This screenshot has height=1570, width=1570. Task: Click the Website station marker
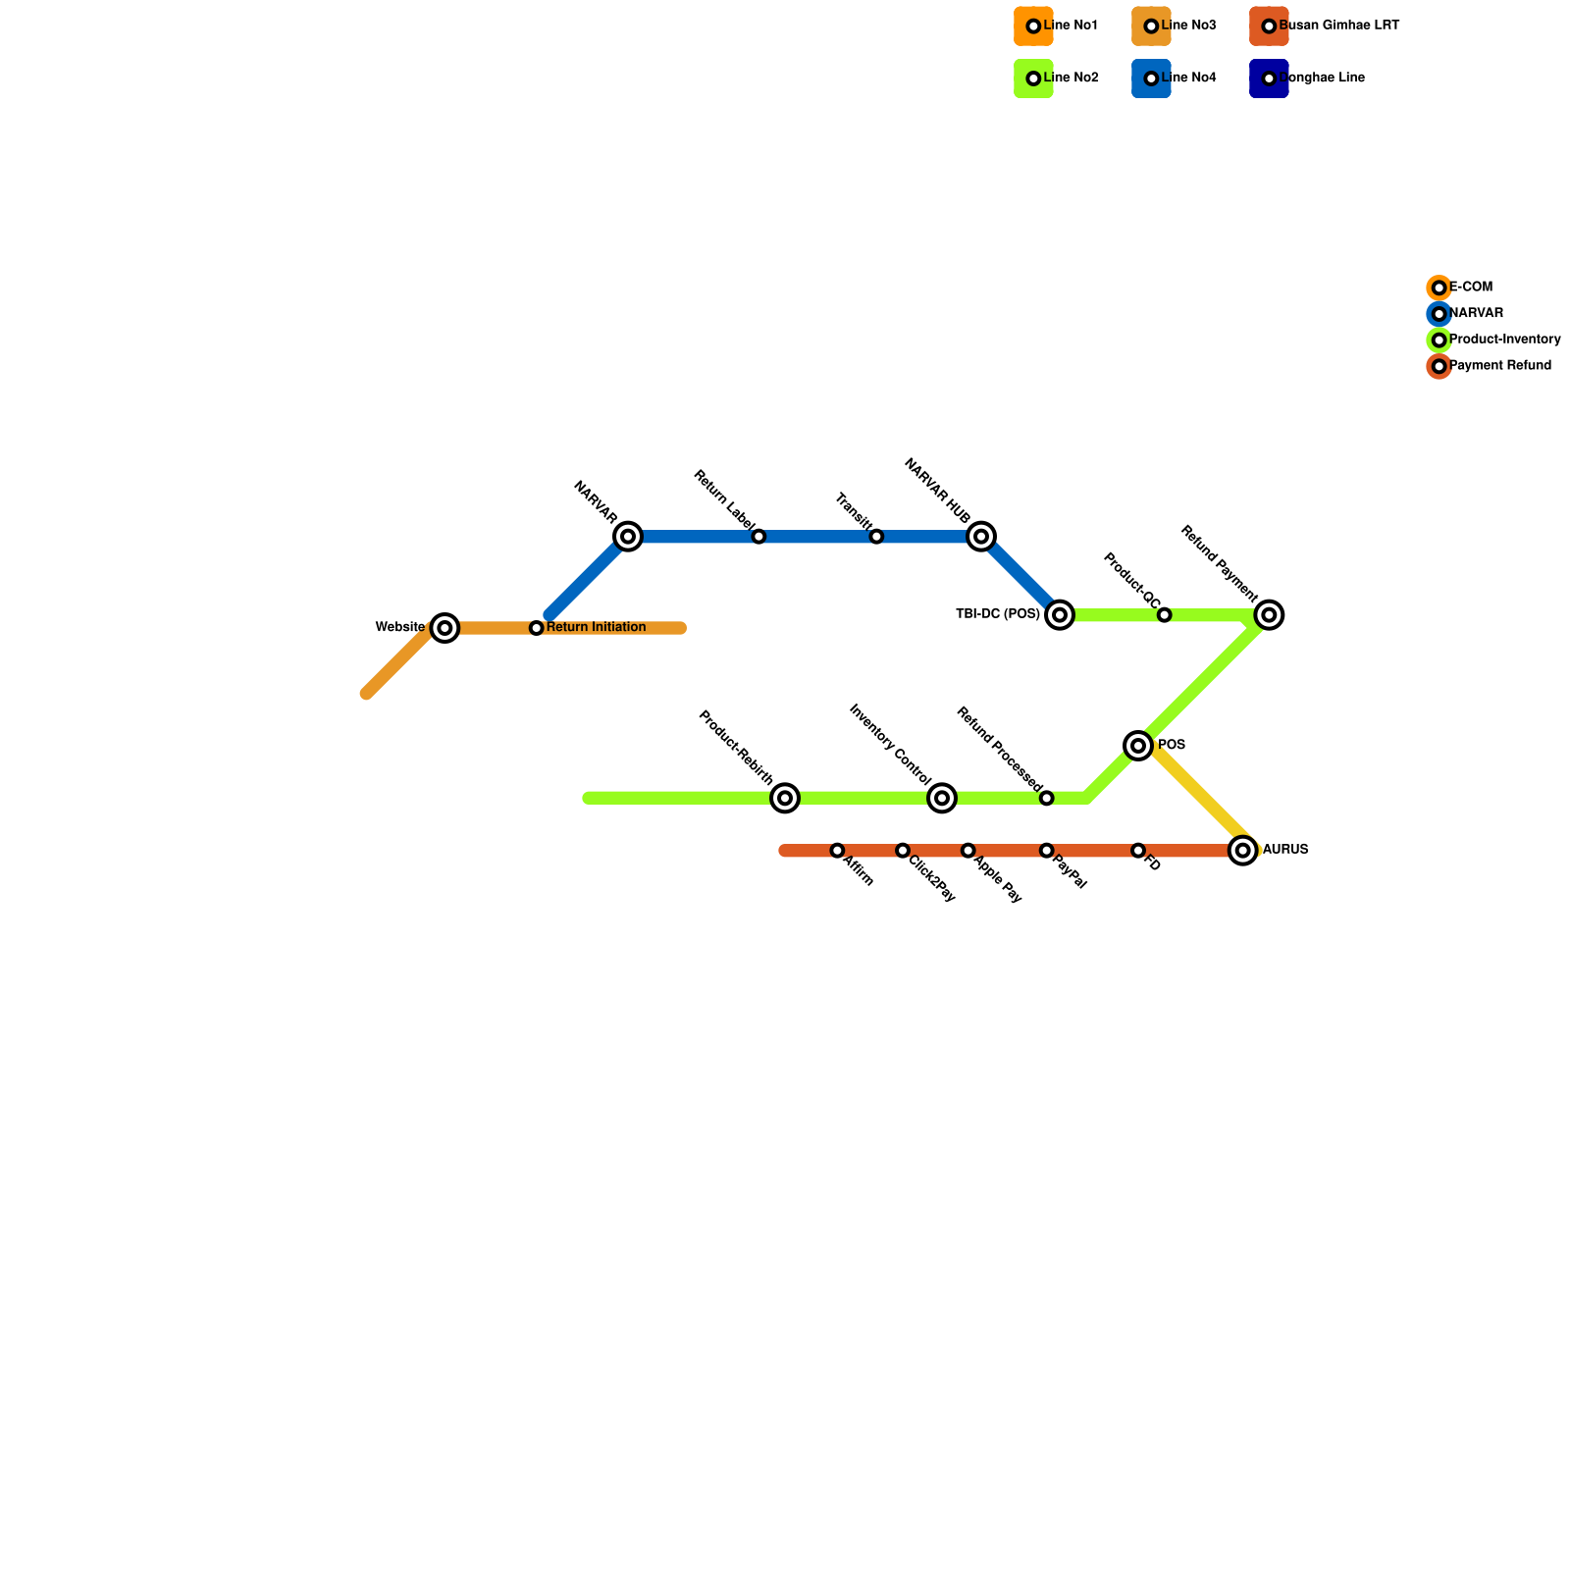[445, 628]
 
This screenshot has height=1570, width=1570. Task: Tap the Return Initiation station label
[596, 628]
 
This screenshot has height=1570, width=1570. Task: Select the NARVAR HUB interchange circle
[981, 537]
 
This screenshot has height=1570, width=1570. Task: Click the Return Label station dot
[759, 537]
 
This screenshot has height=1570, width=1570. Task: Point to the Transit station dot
[876, 537]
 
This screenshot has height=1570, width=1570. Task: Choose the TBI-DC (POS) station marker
[1060, 615]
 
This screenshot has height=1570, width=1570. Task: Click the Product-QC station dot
[1164, 615]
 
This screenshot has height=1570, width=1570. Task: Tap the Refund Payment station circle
[1270, 615]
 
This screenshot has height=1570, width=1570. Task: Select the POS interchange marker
[1138, 747]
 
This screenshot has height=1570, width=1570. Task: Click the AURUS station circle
[1243, 851]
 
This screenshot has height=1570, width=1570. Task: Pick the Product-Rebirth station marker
[785, 799]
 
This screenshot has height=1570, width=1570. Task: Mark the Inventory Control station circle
[942, 799]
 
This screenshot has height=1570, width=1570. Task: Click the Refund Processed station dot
[1047, 799]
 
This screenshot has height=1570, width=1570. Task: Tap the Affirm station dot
[837, 851]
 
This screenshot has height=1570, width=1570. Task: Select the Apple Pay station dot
[968, 851]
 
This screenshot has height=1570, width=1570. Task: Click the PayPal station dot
[1047, 851]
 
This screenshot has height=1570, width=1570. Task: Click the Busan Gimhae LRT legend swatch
[1269, 26]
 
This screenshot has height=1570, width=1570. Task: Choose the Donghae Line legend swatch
[1269, 78]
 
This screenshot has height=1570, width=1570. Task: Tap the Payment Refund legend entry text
[1500, 366]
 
